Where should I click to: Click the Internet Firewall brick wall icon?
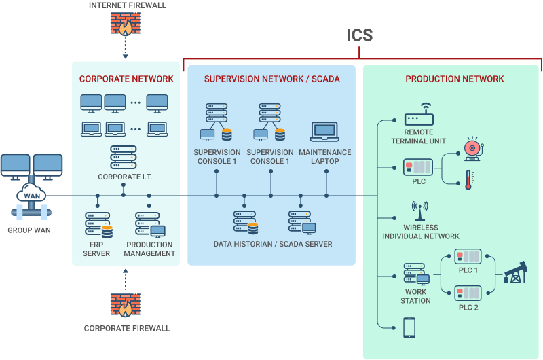point(125,24)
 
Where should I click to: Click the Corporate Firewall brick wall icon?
point(125,306)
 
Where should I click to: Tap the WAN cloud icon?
point(32,196)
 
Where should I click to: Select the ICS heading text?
point(360,35)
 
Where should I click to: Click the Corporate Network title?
point(126,79)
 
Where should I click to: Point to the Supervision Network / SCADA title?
point(271,79)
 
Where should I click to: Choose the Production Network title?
point(455,79)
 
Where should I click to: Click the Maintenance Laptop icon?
point(324,132)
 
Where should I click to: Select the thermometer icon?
point(468,180)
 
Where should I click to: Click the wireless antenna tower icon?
point(419,211)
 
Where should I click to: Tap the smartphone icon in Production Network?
point(409,327)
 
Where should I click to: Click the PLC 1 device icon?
point(468,257)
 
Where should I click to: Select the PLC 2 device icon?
point(468,293)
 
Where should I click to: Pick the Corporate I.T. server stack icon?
point(123,158)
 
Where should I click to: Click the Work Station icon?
point(415,274)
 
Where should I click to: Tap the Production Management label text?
point(149,249)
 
